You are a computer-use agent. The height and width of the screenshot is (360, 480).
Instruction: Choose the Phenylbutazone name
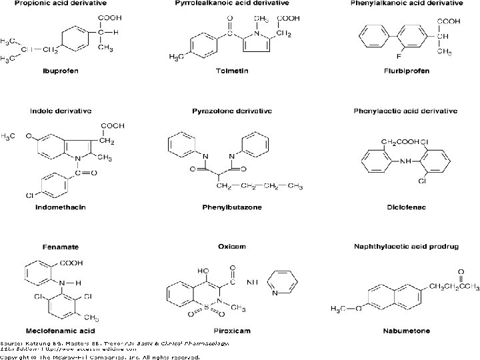tap(232, 207)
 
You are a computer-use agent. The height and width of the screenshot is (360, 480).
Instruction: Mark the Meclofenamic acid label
tap(61, 331)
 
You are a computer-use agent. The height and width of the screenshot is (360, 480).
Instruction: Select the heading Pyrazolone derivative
tap(232, 110)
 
